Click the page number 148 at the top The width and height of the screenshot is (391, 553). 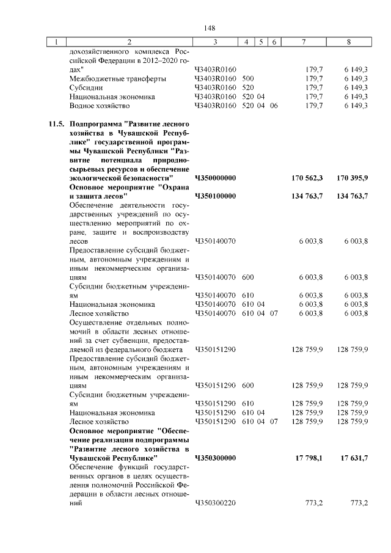[210, 28]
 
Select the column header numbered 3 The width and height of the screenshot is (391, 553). [216, 42]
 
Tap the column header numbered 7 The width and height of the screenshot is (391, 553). [304, 42]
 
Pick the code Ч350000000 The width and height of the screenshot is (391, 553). [215, 178]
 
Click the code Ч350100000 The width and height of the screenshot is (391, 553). [215, 196]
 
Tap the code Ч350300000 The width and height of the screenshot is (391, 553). [215, 458]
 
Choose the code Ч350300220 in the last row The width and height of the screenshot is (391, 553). [215, 504]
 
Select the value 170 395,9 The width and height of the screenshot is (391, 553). [352, 178]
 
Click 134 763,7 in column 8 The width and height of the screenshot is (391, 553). [352, 196]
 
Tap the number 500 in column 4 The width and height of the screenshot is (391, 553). [248, 79]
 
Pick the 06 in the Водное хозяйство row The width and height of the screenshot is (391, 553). [274, 106]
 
